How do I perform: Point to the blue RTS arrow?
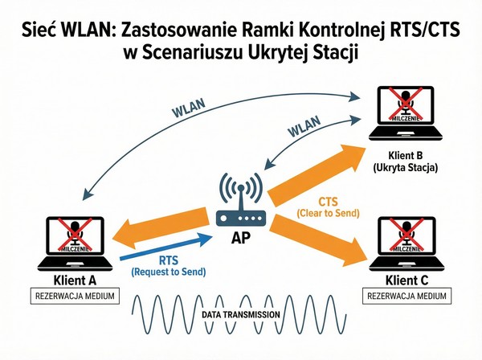[x=165, y=248]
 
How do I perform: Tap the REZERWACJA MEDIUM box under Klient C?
[x=406, y=297]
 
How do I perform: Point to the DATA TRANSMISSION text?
[x=241, y=314]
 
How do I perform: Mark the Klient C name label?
[x=406, y=280]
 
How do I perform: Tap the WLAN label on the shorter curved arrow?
[x=304, y=129]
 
